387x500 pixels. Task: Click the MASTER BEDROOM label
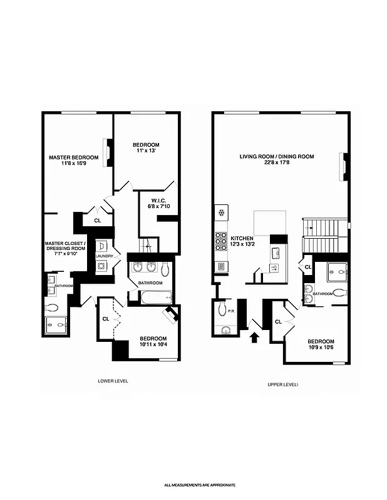tap(74, 157)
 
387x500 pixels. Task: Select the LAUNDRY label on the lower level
tap(103, 256)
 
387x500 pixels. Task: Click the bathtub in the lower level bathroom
tap(153, 298)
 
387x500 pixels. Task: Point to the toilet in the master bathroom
tap(52, 307)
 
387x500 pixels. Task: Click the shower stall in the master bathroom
tap(58, 324)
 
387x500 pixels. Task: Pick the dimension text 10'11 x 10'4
tap(153, 346)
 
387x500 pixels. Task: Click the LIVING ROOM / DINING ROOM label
tap(277, 157)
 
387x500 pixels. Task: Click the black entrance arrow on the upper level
tap(254, 338)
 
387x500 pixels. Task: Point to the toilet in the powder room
tap(222, 308)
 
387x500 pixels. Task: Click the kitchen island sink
tap(275, 252)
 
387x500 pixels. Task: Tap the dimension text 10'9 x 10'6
tap(320, 348)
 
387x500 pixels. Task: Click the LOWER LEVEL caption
tap(113, 381)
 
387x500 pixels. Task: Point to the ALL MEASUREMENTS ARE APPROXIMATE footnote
tap(200, 485)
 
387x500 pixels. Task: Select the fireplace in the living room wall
tap(343, 167)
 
